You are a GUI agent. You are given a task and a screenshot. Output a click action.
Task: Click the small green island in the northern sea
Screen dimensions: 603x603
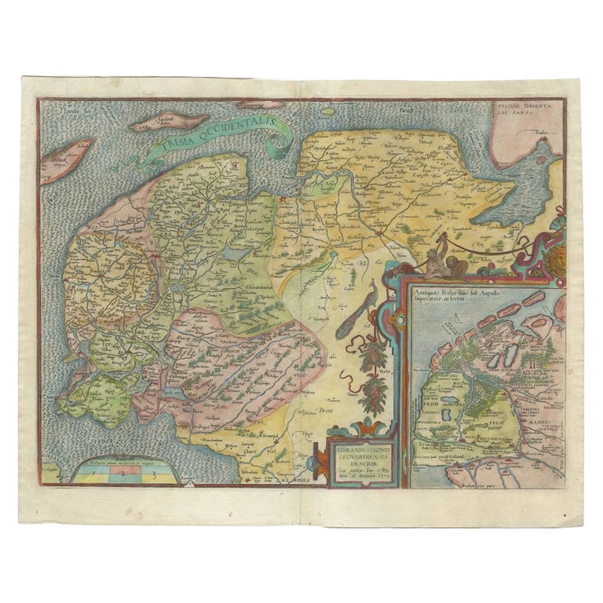tap(261, 104)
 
